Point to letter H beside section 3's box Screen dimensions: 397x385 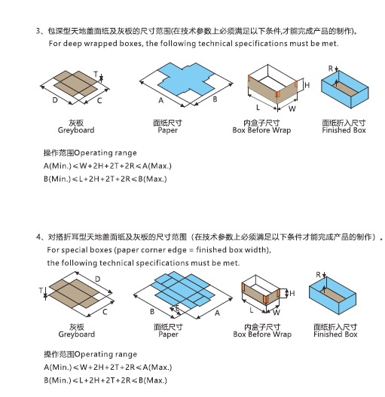pos(307,86)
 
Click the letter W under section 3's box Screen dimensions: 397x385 pos(292,108)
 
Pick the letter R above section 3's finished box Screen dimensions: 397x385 pos(330,69)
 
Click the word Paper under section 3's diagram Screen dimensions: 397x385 pos(168,130)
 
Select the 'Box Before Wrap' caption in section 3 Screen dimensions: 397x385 pos(261,130)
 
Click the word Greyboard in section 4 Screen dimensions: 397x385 pos(76,334)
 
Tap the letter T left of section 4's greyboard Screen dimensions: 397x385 pos(38,290)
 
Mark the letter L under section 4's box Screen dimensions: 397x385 pos(251,309)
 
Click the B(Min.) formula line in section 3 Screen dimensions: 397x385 pos(105,179)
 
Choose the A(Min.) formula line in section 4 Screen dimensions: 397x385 pos(105,367)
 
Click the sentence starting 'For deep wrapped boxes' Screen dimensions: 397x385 pos(194,44)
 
